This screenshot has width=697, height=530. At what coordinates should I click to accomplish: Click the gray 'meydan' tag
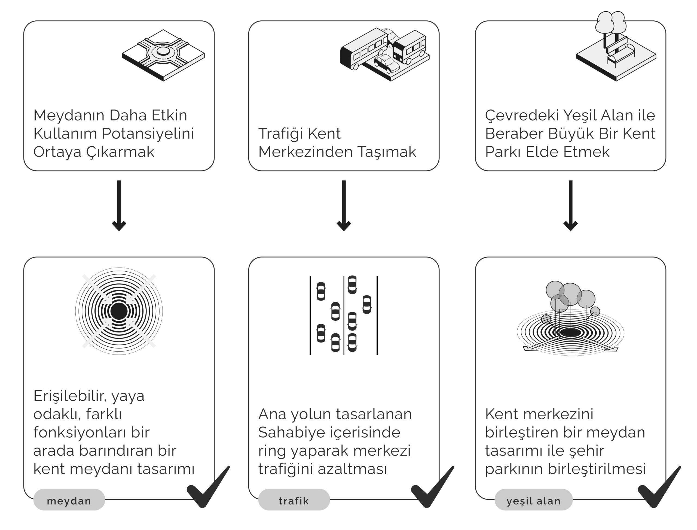pos(69,501)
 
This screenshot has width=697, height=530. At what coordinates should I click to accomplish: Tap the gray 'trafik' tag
pos(294,501)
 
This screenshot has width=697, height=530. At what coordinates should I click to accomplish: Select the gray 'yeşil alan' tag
pos(533,501)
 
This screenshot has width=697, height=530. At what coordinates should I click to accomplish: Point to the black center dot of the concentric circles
pos(119,311)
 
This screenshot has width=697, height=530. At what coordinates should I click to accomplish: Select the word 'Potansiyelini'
pos(148,134)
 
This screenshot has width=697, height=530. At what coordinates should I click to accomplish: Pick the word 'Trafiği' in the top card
pos(280,134)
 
